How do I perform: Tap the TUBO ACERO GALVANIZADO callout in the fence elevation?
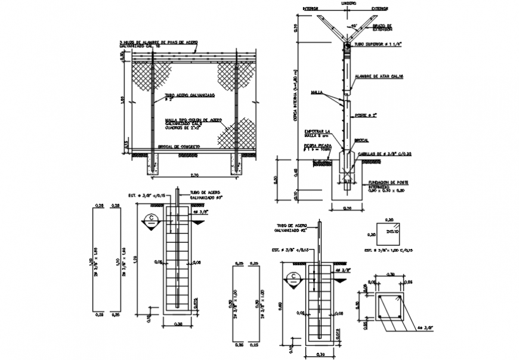click(190, 97)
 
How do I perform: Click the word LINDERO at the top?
click(349, 4)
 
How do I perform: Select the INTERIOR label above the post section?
click(311, 9)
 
